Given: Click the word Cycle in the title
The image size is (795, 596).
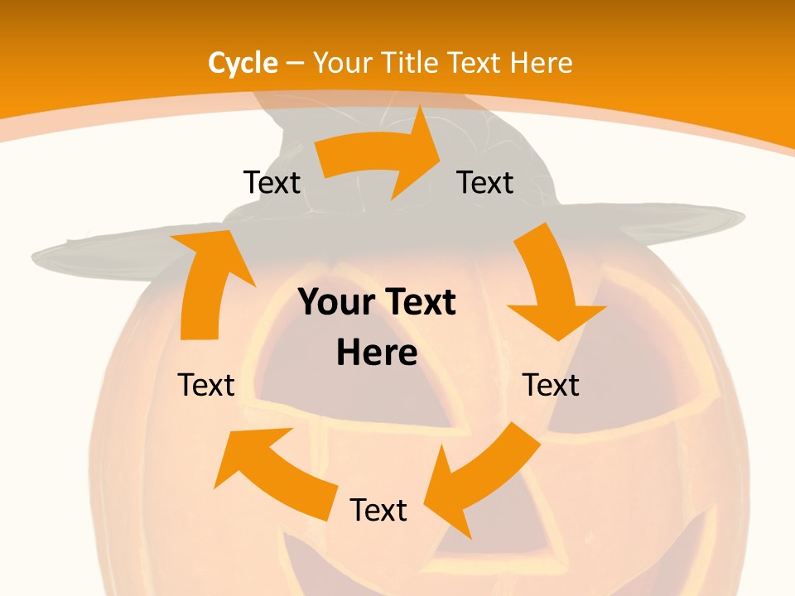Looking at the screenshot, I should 243,63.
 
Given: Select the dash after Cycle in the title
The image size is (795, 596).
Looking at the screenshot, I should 295,63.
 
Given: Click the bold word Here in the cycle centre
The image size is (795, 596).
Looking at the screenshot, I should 377,353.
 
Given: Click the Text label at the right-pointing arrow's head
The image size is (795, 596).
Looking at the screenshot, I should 485,182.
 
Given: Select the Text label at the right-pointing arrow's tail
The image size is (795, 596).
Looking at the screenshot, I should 272,182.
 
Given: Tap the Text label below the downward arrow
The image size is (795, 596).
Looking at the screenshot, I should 551,385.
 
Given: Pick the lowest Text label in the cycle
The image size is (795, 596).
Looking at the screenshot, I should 378,511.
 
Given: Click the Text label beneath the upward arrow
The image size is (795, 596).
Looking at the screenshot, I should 206,385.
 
